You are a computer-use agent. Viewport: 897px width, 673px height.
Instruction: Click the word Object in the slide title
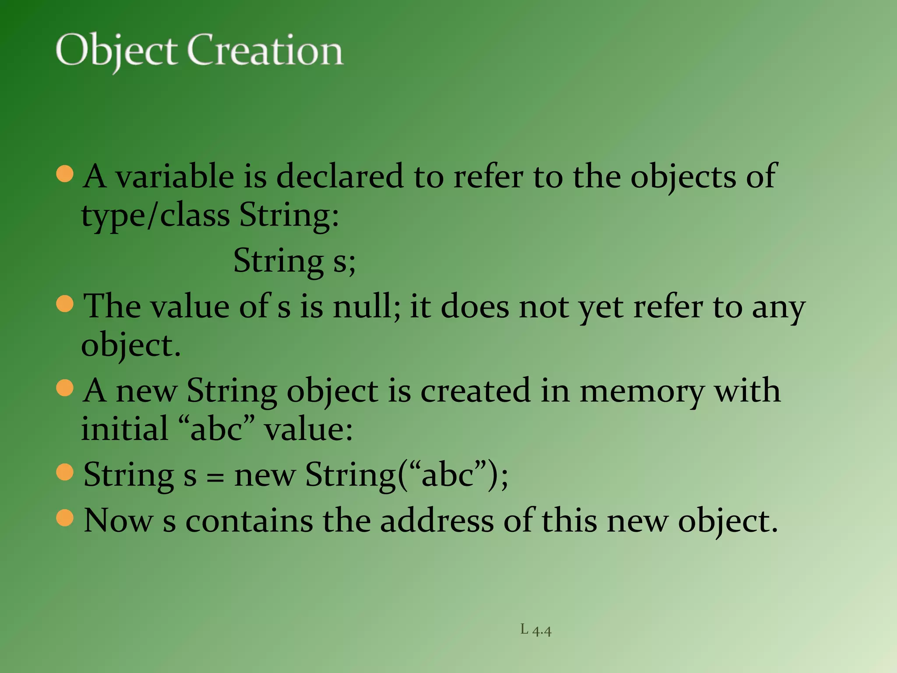(116, 51)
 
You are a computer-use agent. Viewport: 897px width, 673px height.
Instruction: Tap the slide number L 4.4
(536, 630)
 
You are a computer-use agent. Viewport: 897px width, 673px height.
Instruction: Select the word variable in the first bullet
(174, 177)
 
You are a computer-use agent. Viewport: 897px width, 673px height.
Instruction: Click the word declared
(339, 177)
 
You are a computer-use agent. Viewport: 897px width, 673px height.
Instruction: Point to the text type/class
(155, 216)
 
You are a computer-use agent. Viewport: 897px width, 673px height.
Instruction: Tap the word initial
(125, 429)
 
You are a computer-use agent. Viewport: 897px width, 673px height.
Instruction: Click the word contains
(249, 521)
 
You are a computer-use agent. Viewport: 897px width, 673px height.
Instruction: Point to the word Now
(118, 521)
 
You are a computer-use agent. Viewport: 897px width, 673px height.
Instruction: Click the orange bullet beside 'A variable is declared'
(65, 174)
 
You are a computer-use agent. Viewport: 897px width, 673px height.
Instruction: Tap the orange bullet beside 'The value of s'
(65, 303)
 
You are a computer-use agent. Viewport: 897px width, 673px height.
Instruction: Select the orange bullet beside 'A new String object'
(65, 388)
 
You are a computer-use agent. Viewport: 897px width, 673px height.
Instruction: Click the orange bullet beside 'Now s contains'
(65, 518)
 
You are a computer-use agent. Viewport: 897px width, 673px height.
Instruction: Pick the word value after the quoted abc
(308, 429)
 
